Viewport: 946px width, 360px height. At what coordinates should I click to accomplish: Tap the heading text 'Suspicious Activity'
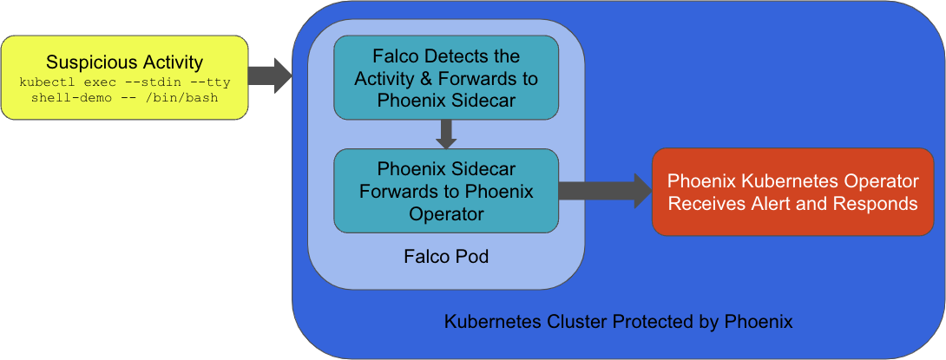(x=124, y=62)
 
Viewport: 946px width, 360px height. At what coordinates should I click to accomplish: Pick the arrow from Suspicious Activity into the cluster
(x=271, y=76)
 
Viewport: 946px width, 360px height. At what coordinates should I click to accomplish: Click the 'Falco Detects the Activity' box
(x=446, y=77)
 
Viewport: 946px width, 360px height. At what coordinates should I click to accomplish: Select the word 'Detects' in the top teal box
(x=470, y=57)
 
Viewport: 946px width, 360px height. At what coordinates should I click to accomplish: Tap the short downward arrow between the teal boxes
(x=446, y=134)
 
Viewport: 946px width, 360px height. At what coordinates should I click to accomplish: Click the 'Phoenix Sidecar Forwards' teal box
(x=446, y=190)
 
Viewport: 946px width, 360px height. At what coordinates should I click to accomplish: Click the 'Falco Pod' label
(x=445, y=257)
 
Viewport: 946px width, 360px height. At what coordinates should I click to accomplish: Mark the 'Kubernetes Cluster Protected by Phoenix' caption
(x=618, y=322)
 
